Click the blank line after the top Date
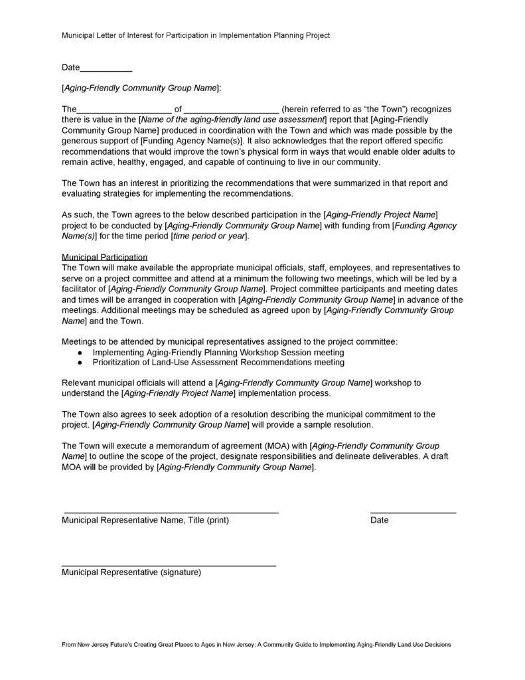pyautogui.click(x=106, y=70)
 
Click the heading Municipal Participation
pyautogui.click(x=104, y=256)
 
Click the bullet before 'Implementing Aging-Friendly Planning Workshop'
pyautogui.click(x=80, y=353)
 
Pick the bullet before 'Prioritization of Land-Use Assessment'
pyautogui.click(x=80, y=363)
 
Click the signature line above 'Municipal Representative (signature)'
pyautogui.click(x=169, y=566)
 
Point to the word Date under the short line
pyautogui.click(x=380, y=520)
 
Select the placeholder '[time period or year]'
pyautogui.click(x=209, y=236)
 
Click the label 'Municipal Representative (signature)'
pyautogui.click(x=131, y=572)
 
